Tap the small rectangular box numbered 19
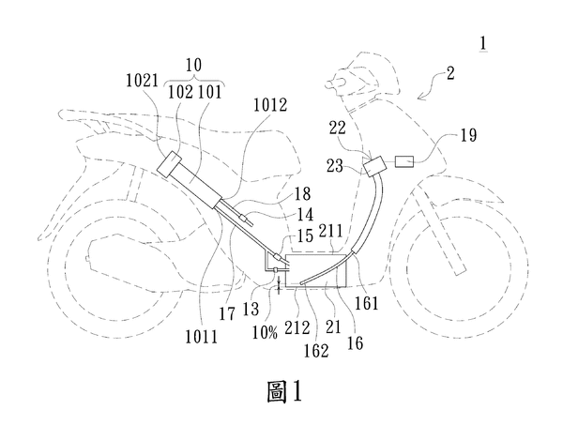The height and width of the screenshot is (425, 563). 405,161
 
